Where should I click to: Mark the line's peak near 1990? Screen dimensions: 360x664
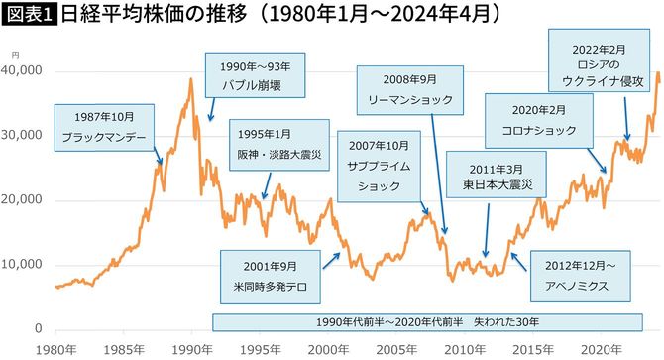tap(190, 79)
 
